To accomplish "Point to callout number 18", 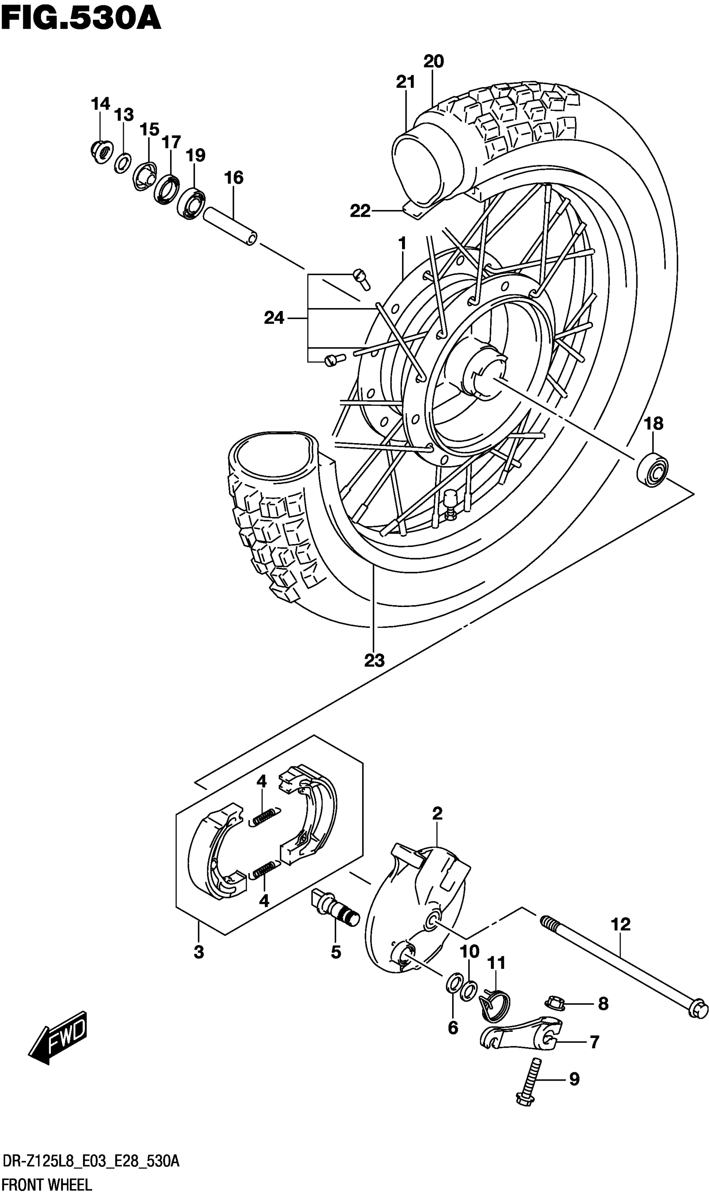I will (x=654, y=423).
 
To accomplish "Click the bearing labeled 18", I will (x=652, y=470).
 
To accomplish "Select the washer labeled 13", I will (x=123, y=163).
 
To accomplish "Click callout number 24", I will (x=274, y=318).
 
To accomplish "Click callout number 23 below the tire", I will (x=374, y=661).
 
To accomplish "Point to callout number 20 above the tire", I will (x=433, y=62).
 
